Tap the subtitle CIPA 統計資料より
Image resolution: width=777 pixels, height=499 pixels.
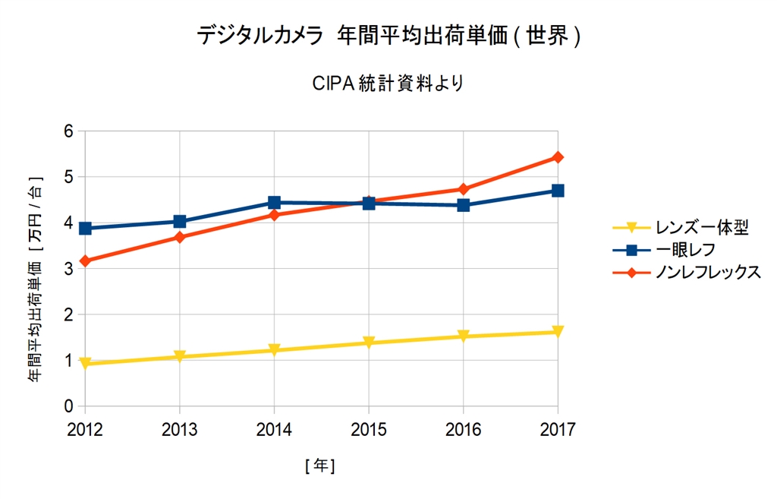(x=388, y=83)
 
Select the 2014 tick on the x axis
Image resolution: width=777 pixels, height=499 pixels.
(x=274, y=430)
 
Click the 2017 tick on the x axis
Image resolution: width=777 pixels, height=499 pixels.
(x=558, y=430)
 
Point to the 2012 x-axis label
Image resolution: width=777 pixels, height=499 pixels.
(x=85, y=430)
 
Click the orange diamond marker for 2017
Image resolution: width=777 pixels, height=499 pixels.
(x=558, y=157)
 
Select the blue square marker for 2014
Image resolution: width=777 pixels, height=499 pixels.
(x=274, y=203)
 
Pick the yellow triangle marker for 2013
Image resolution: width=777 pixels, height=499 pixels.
(x=180, y=356)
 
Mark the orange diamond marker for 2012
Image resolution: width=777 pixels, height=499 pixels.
(x=85, y=261)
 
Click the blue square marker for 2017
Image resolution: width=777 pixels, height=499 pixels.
(x=558, y=191)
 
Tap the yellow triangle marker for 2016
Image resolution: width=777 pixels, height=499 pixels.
(x=463, y=336)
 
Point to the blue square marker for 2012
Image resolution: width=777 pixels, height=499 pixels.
(x=85, y=228)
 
